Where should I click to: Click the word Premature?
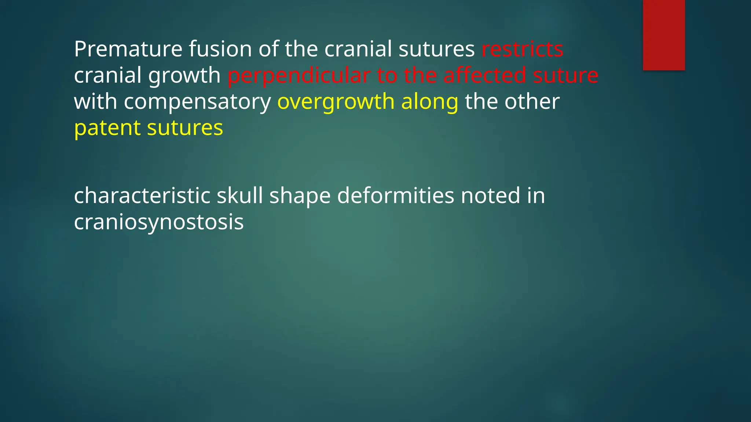(128, 49)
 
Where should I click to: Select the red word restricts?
(522, 49)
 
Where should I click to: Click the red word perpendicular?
(298, 75)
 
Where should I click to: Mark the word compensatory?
(197, 102)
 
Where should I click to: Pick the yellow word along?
(430, 102)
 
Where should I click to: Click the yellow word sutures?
(185, 128)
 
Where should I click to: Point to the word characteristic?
(142, 195)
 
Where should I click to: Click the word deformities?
(396, 195)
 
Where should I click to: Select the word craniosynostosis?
(159, 222)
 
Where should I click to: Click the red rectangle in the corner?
(664, 35)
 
